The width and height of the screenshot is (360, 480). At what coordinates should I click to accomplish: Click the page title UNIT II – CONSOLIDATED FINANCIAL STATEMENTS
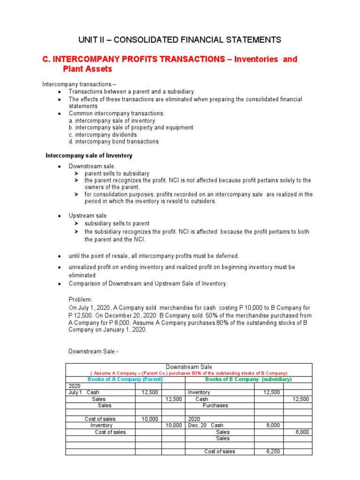coord(180,40)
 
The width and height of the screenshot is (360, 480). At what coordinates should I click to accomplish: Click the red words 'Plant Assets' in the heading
coord(88,69)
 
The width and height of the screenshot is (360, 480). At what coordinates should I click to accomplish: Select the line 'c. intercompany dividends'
coord(103,135)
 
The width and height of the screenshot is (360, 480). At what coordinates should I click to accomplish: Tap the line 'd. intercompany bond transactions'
coord(113,142)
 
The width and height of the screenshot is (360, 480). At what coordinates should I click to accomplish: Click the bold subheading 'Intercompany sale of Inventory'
coord(89,156)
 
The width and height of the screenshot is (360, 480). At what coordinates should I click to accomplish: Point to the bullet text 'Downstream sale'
coord(91,166)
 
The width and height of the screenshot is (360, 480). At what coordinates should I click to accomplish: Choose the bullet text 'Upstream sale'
coord(87,216)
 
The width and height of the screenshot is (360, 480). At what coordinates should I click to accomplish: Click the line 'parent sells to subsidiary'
coord(117,173)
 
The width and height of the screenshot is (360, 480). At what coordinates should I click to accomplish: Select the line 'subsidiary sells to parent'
coord(117,224)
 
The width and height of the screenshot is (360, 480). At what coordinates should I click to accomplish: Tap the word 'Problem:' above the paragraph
coord(81,299)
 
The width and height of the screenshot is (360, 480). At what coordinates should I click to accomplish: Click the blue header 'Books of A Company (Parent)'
coord(125,379)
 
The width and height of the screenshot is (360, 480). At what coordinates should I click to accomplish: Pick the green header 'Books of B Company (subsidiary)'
coord(248,379)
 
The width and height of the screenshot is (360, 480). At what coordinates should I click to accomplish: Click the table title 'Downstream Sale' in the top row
coord(189,367)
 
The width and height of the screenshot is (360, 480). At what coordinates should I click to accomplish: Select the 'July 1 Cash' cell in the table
coord(84,392)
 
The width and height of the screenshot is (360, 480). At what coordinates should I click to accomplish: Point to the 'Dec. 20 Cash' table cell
coord(206,425)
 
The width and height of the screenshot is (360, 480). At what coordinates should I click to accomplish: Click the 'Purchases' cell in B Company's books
coord(215,405)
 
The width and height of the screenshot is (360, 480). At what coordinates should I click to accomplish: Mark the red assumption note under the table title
coord(189,373)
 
